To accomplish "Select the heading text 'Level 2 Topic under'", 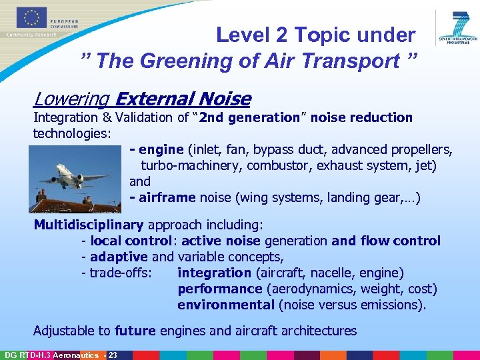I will click(x=315, y=35).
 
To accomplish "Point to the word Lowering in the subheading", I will click(x=71, y=99).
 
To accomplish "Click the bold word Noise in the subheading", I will click(x=223, y=99).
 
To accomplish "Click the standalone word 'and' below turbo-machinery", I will click(x=140, y=181).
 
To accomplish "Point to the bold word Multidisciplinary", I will click(x=89, y=225).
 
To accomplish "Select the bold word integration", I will click(x=214, y=273).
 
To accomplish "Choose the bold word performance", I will click(x=220, y=289).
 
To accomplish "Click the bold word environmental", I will click(x=226, y=305).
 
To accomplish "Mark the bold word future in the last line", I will click(x=135, y=331).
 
